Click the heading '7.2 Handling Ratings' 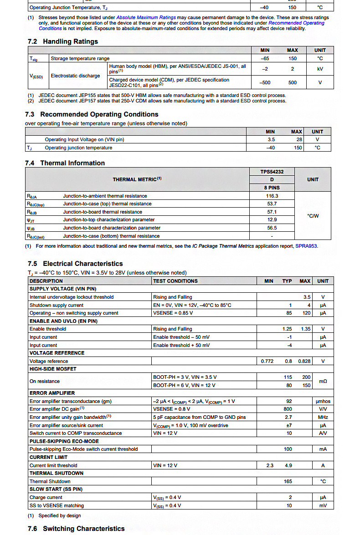(x=62, y=41)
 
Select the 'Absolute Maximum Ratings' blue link (x=146, y=18)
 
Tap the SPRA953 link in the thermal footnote (x=306, y=246)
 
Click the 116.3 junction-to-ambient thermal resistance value (x=272, y=196)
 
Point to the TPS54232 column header (x=272, y=172)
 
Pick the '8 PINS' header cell (x=272, y=188)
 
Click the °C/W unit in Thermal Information (x=313, y=216)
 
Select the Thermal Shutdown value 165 (x=288, y=481)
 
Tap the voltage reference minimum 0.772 (x=267, y=361)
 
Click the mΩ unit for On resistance (x=323, y=381)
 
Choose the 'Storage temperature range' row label (x=80, y=58)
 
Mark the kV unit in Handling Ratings (x=320, y=69)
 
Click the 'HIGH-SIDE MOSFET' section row (x=53, y=369)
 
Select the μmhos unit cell (x=323, y=401)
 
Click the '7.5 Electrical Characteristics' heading (x=75, y=264)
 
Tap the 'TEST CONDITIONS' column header (x=175, y=281)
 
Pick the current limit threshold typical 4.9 (x=288, y=465)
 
